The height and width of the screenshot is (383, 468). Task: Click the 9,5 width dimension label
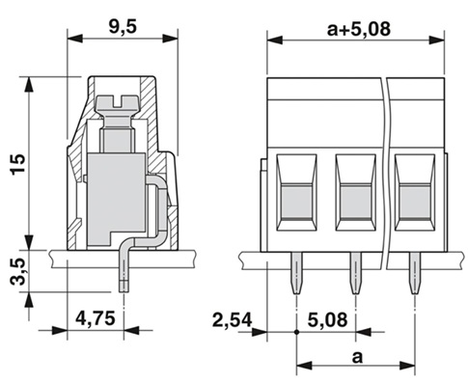tap(123, 26)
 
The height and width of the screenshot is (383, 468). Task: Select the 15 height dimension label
tap(18, 164)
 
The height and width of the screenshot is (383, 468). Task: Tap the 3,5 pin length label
tap(17, 271)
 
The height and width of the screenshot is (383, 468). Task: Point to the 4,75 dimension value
tap(96, 319)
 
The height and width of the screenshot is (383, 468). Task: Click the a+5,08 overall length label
tap(359, 29)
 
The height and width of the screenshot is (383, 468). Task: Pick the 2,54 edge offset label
tap(233, 320)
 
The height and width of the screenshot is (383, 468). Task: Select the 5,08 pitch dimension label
tap(327, 319)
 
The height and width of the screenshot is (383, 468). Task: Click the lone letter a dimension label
tap(357, 357)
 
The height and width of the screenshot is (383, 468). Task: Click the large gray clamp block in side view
tap(116, 200)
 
